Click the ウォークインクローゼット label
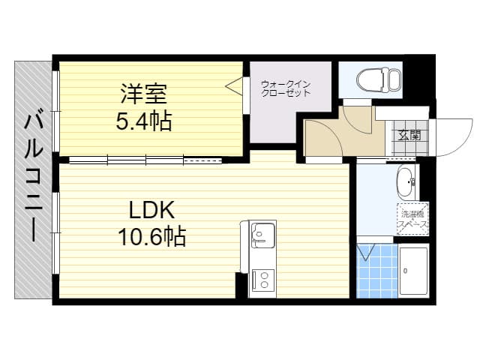[286, 88]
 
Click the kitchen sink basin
[262, 235]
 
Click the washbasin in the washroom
[405, 181]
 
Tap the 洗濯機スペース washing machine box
[412, 218]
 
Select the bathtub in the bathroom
[413, 271]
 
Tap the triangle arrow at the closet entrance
[234, 85]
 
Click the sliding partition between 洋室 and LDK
[145, 159]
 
